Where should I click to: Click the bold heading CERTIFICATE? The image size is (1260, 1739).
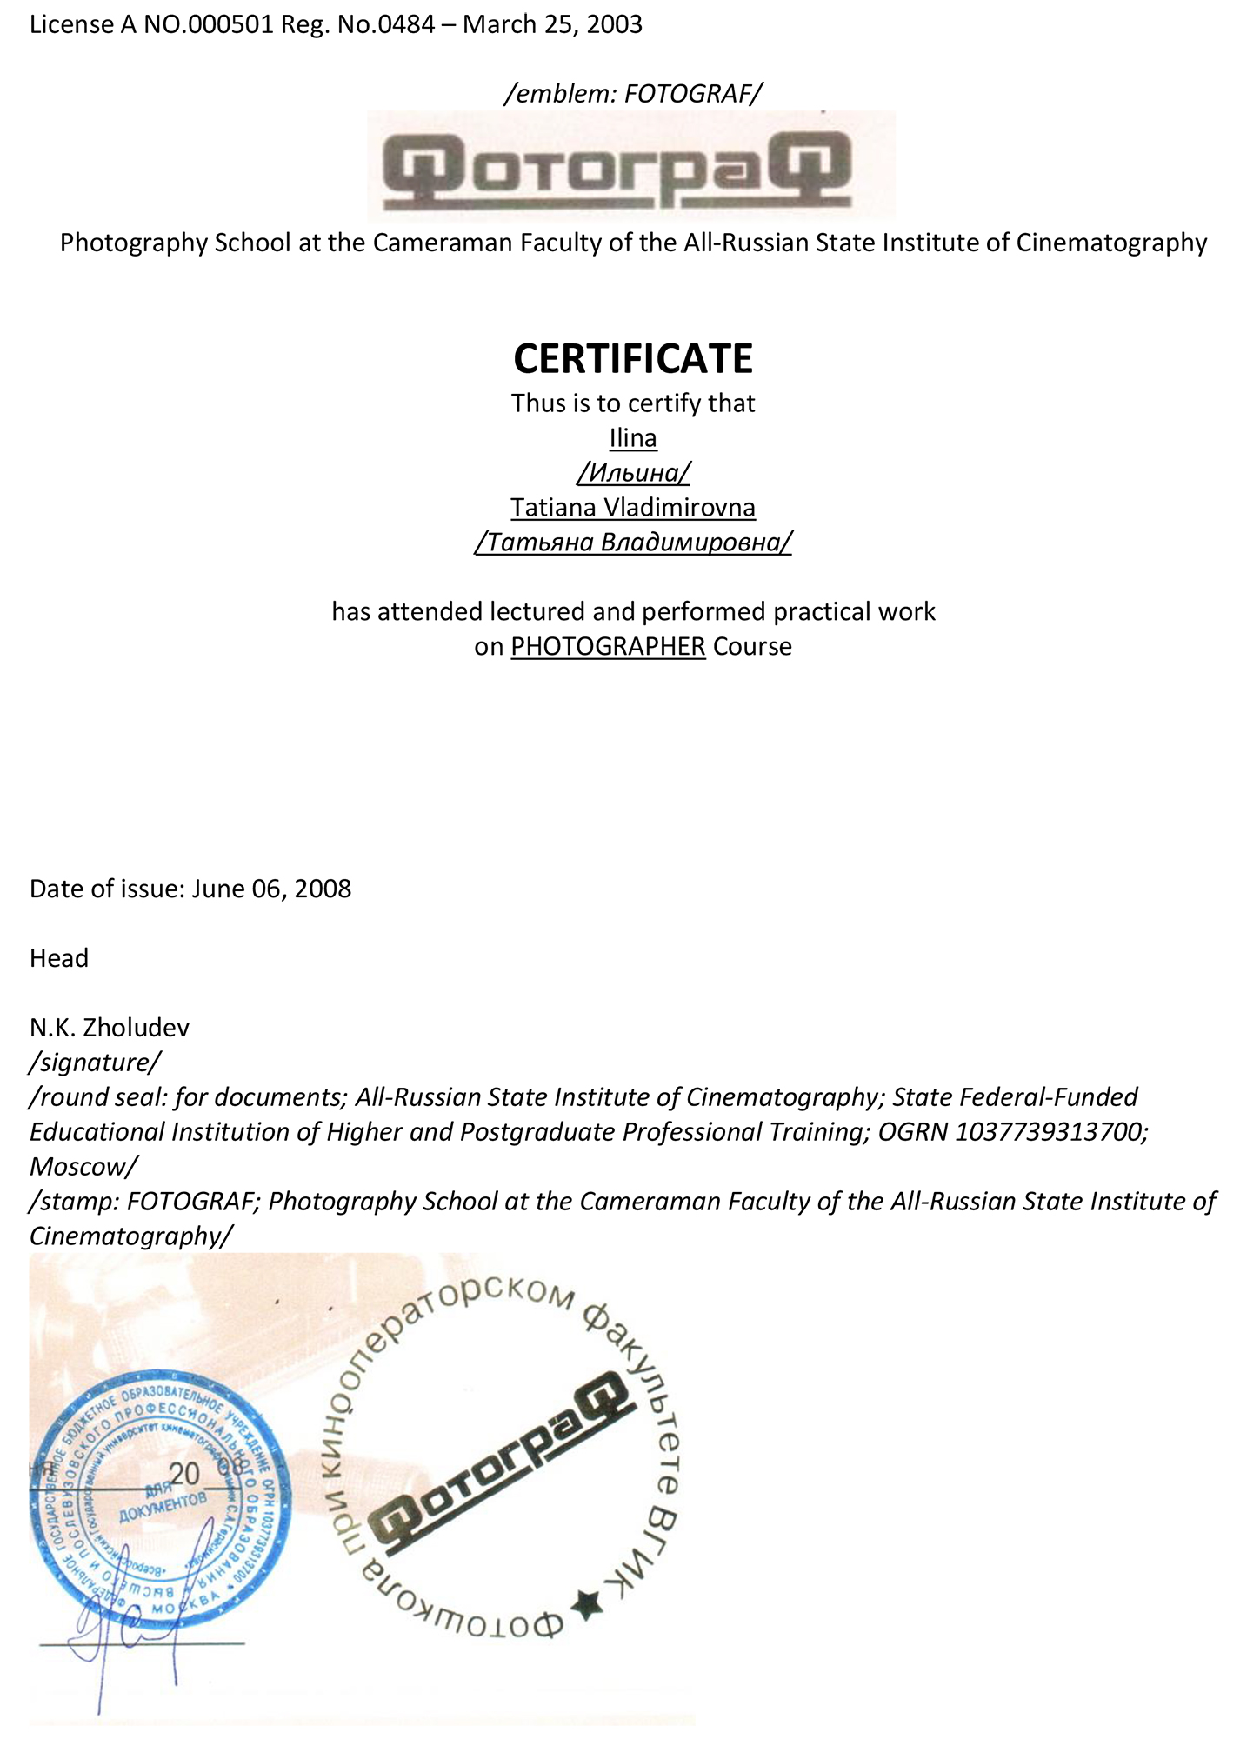(x=632, y=358)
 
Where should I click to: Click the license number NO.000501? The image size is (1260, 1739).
(x=208, y=24)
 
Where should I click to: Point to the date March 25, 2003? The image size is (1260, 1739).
(x=552, y=24)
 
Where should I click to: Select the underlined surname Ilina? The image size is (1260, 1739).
(x=632, y=437)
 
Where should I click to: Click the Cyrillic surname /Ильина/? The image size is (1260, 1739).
(x=632, y=472)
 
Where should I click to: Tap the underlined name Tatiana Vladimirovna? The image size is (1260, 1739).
(x=632, y=507)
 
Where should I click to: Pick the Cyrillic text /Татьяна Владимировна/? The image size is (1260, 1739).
(x=632, y=542)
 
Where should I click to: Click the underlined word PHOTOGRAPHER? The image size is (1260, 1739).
(x=608, y=646)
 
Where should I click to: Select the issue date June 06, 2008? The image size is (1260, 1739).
(x=271, y=889)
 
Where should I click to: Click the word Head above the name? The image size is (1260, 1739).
(x=59, y=958)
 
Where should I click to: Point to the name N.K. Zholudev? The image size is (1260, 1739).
(x=110, y=1028)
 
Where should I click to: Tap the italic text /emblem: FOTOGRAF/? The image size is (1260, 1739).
(x=632, y=93)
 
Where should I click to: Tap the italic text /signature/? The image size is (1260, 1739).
(x=95, y=1063)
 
